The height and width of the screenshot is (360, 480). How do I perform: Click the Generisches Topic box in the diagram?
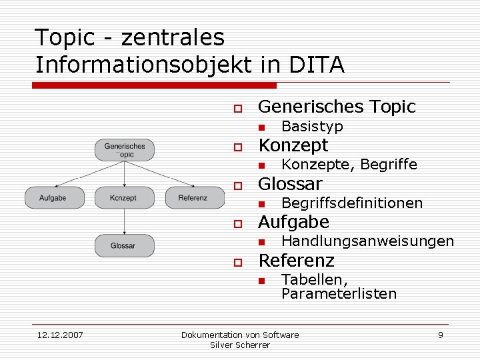[125, 150]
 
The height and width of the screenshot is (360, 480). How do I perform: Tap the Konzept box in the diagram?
[125, 197]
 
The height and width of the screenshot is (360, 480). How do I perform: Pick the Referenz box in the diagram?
[193, 197]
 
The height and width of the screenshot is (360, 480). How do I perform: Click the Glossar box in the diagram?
[125, 245]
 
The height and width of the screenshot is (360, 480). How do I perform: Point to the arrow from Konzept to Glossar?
[125, 221]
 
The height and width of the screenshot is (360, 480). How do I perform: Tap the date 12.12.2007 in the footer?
[60, 335]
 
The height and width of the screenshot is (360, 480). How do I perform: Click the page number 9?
[440, 335]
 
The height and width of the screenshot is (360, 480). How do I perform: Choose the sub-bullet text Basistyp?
[312, 126]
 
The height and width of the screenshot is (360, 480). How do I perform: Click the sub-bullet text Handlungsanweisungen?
[367, 241]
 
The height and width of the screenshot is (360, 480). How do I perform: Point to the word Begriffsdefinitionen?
[352, 203]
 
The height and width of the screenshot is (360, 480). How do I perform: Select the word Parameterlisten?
[339, 293]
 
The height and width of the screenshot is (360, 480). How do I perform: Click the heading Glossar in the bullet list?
[290, 183]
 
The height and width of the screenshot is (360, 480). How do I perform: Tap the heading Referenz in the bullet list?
[296, 260]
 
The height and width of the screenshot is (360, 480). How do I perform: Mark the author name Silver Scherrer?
[240, 345]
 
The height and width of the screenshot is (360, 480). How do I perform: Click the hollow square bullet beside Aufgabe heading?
[236, 224]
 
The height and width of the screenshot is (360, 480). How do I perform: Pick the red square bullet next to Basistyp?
[262, 127]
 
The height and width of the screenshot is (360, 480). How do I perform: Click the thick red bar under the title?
[155, 85]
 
